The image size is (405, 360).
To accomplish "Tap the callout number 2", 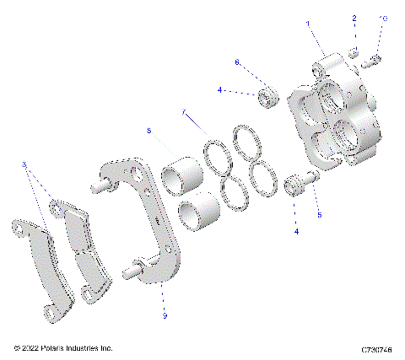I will pos(355,18).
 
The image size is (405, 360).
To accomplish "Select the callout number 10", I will pos(383,17).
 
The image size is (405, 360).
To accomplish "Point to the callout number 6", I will pos(237,62).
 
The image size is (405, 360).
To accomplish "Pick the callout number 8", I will pos(148,131).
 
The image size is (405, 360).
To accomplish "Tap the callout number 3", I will pos(24,165).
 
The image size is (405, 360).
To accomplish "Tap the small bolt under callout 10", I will pos(376,58).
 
